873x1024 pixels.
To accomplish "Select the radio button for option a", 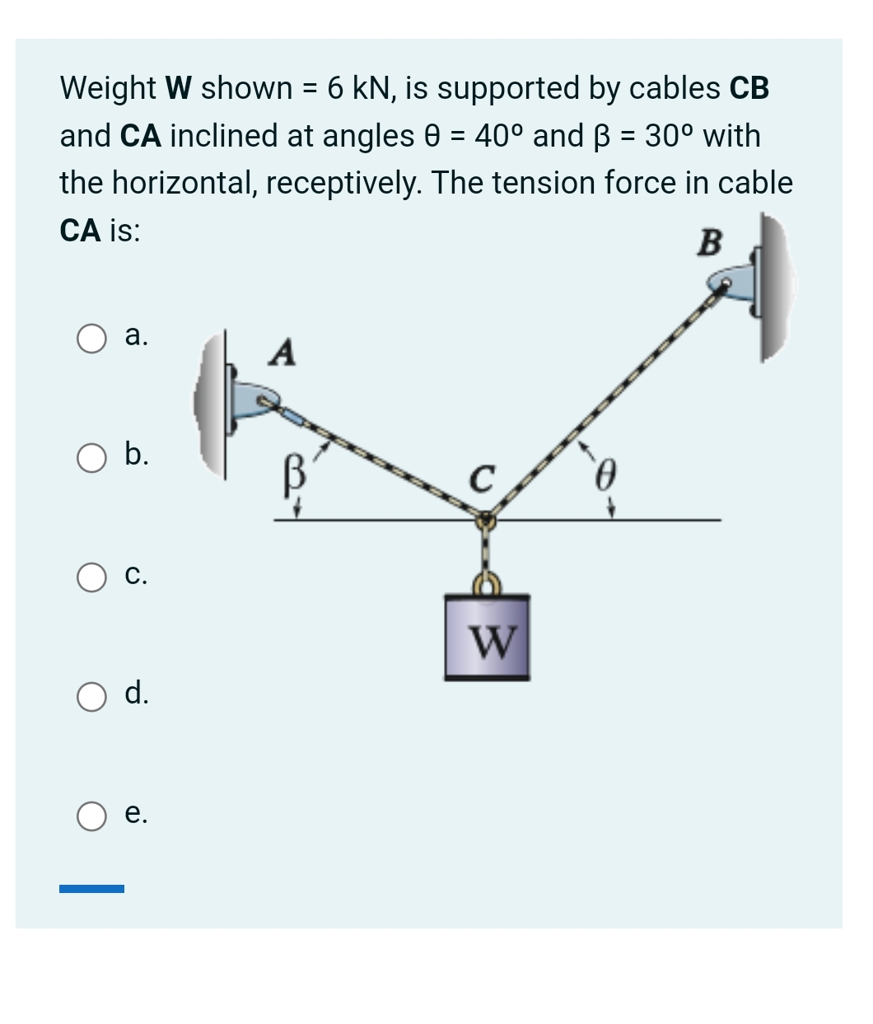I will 91,339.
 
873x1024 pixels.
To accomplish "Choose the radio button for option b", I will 91,458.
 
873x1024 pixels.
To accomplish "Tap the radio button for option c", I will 91,577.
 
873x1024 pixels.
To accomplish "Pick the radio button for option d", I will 91,697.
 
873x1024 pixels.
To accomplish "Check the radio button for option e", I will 91,816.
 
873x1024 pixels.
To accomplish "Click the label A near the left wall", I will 282,353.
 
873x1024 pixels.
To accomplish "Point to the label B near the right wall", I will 710,243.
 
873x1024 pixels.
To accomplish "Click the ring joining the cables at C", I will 485,521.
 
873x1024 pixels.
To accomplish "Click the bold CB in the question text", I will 749,88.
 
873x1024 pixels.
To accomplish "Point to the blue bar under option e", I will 91,889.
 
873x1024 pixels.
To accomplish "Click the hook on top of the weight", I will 486,583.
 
